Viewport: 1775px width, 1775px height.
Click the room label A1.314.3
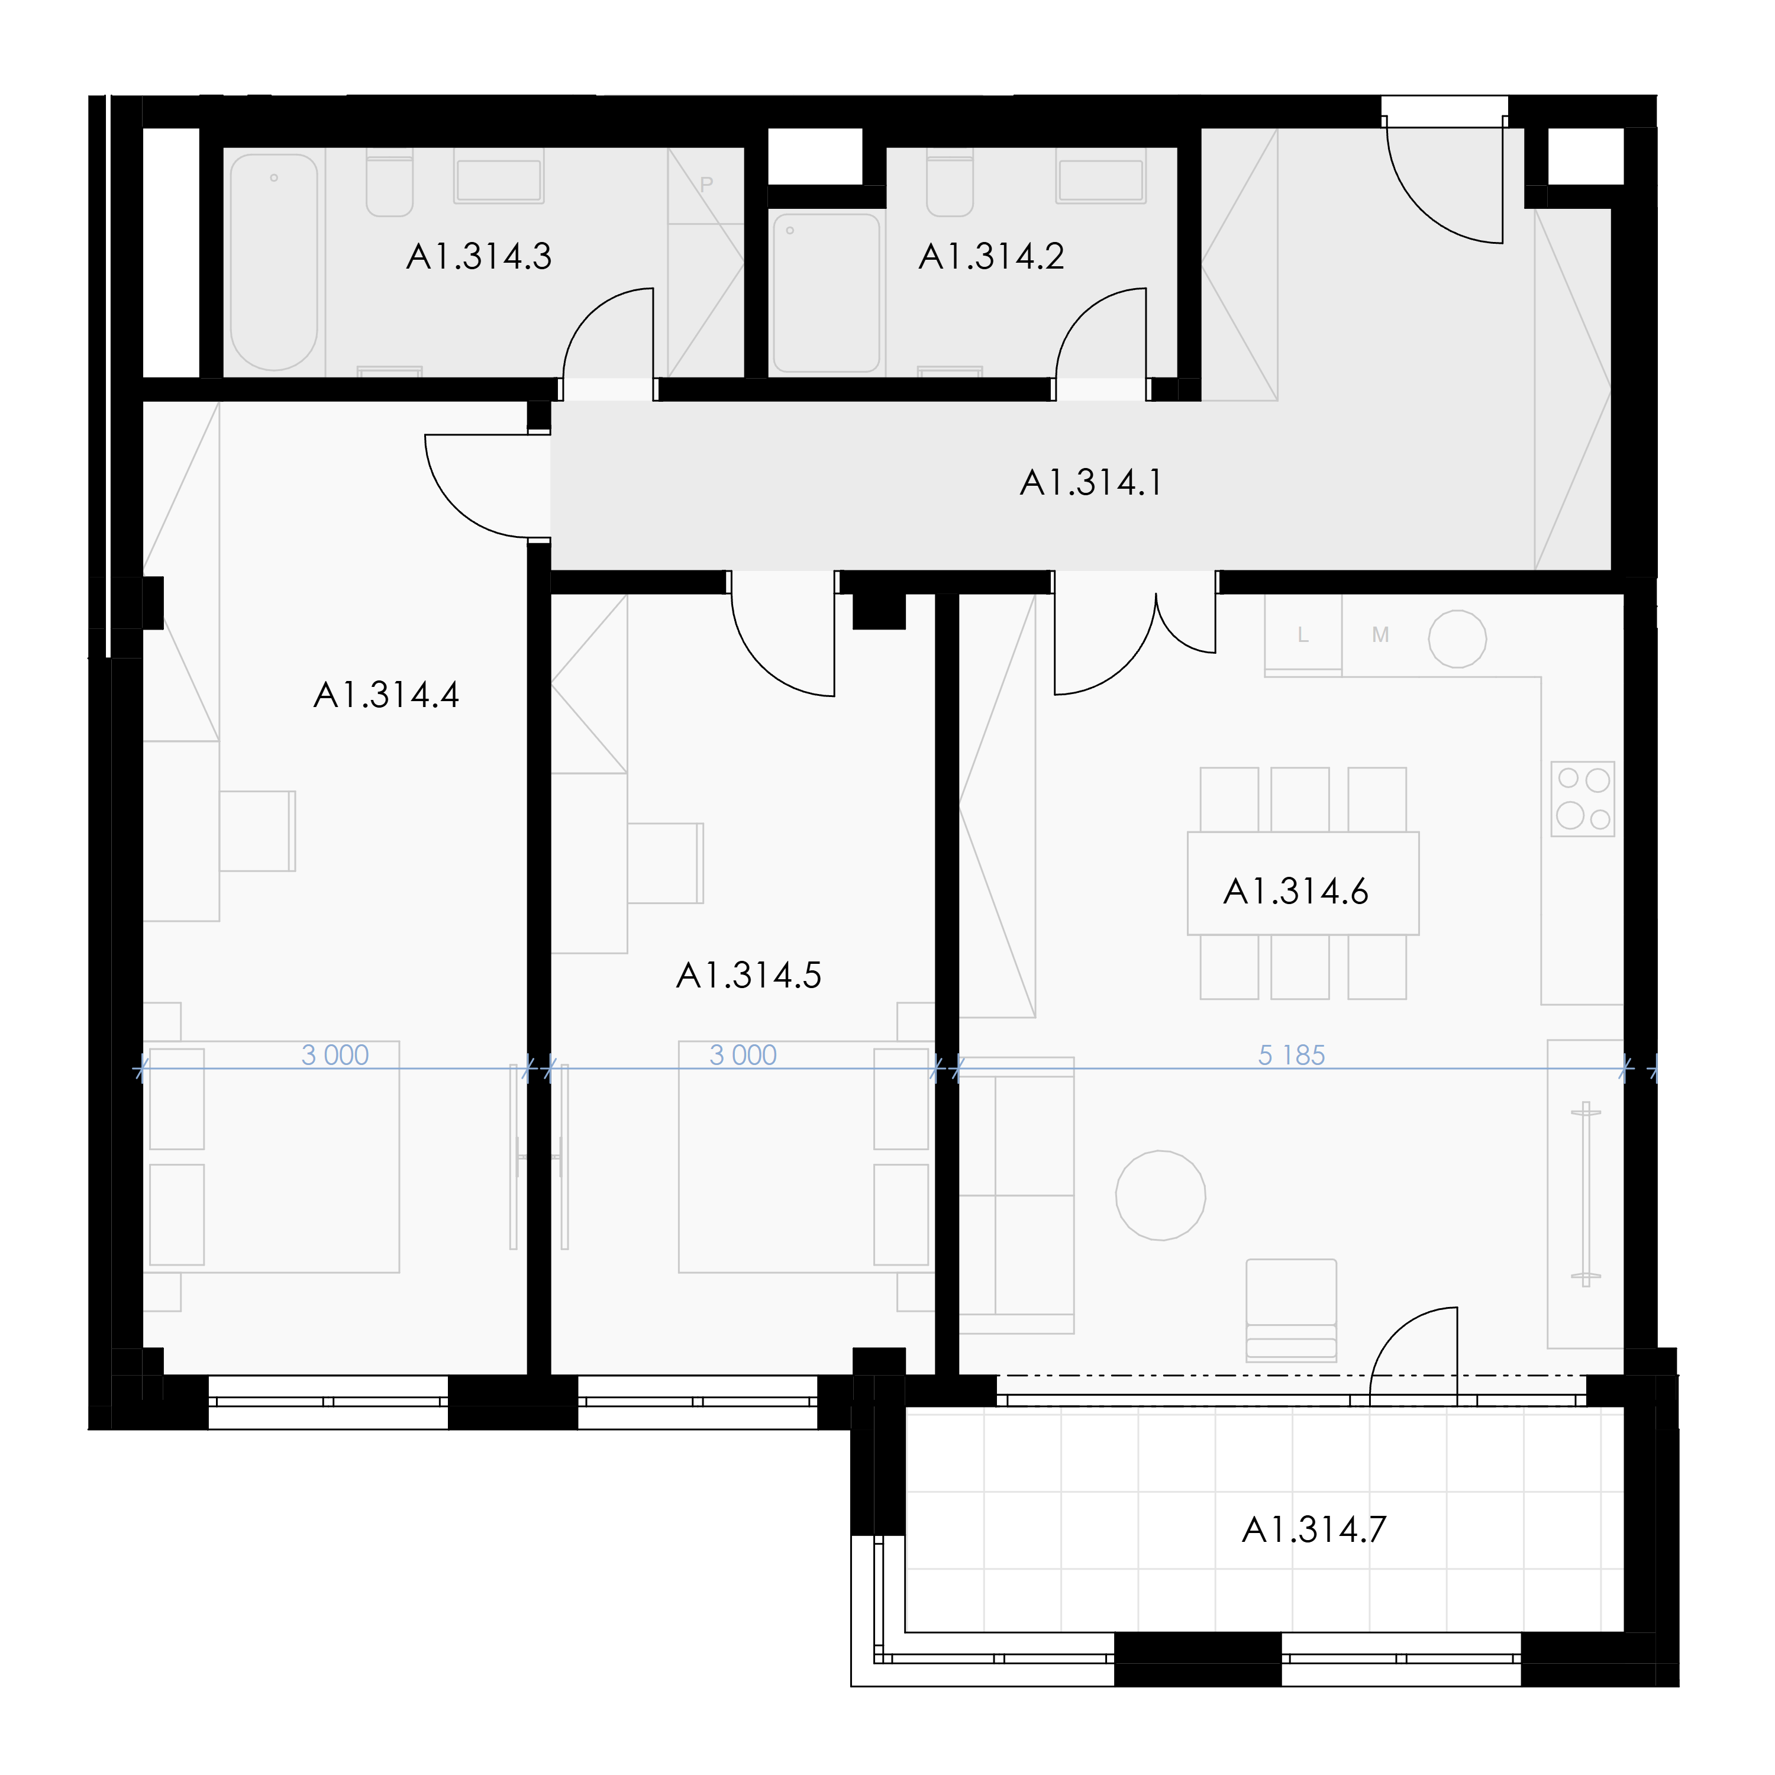tap(479, 256)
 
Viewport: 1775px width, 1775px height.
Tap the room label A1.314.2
tap(991, 256)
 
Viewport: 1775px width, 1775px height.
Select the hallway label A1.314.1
tap(1092, 482)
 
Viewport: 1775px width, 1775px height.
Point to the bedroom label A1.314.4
tap(386, 695)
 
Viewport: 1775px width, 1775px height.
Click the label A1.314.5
tap(749, 975)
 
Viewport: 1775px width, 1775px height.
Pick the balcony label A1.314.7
tap(1313, 1529)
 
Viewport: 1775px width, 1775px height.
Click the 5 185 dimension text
tap(1291, 1055)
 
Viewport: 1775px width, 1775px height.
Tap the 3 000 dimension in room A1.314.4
tap(335, 1055)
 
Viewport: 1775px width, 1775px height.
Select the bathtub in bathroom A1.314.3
tap(274, 262)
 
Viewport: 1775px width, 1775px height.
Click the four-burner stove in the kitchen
tap(1582, 798)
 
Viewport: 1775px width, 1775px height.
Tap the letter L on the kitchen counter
tap(1303, 635)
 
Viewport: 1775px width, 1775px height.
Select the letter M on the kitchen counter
tap(1380, 635)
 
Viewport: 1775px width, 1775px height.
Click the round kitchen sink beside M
tap(1457, 638)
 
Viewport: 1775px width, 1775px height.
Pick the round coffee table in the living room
tap(1160, 1195)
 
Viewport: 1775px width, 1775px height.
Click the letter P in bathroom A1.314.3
tap(706, 184)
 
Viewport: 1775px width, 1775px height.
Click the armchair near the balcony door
tap(1291, 1310)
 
